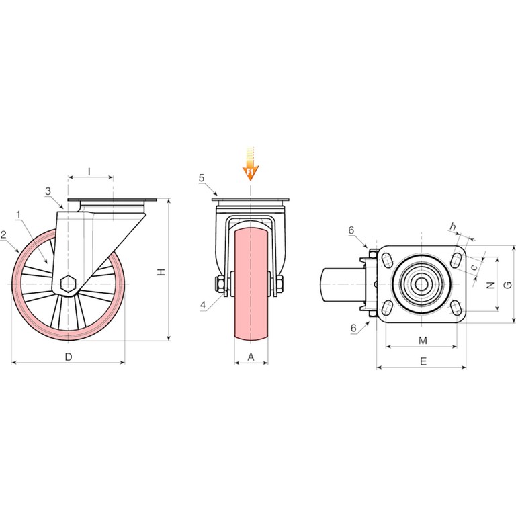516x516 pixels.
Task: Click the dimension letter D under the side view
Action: [69, 357]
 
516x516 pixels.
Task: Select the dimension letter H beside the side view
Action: [161, 272]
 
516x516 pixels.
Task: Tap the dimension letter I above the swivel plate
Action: [89, 171]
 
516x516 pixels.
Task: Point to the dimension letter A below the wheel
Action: [251, 357]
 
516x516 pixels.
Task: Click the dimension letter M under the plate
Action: [423, 341]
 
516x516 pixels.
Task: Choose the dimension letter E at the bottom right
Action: [423, 361]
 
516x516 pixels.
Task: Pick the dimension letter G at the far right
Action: [508, 285]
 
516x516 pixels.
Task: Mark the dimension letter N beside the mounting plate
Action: [490, 285]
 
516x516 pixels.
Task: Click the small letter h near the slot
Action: [453, 226]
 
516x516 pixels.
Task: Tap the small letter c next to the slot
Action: [474, 267]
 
